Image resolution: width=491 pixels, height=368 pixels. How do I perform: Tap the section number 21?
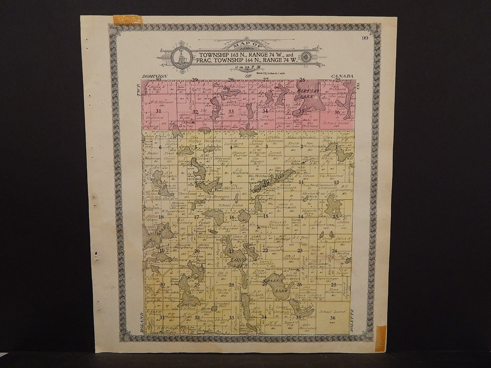pos(232,251)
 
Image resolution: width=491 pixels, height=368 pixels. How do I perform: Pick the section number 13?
pos(335,217)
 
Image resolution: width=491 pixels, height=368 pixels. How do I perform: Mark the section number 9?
pos(231,183)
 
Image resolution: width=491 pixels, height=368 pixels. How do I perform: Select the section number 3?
pos(267,147)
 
